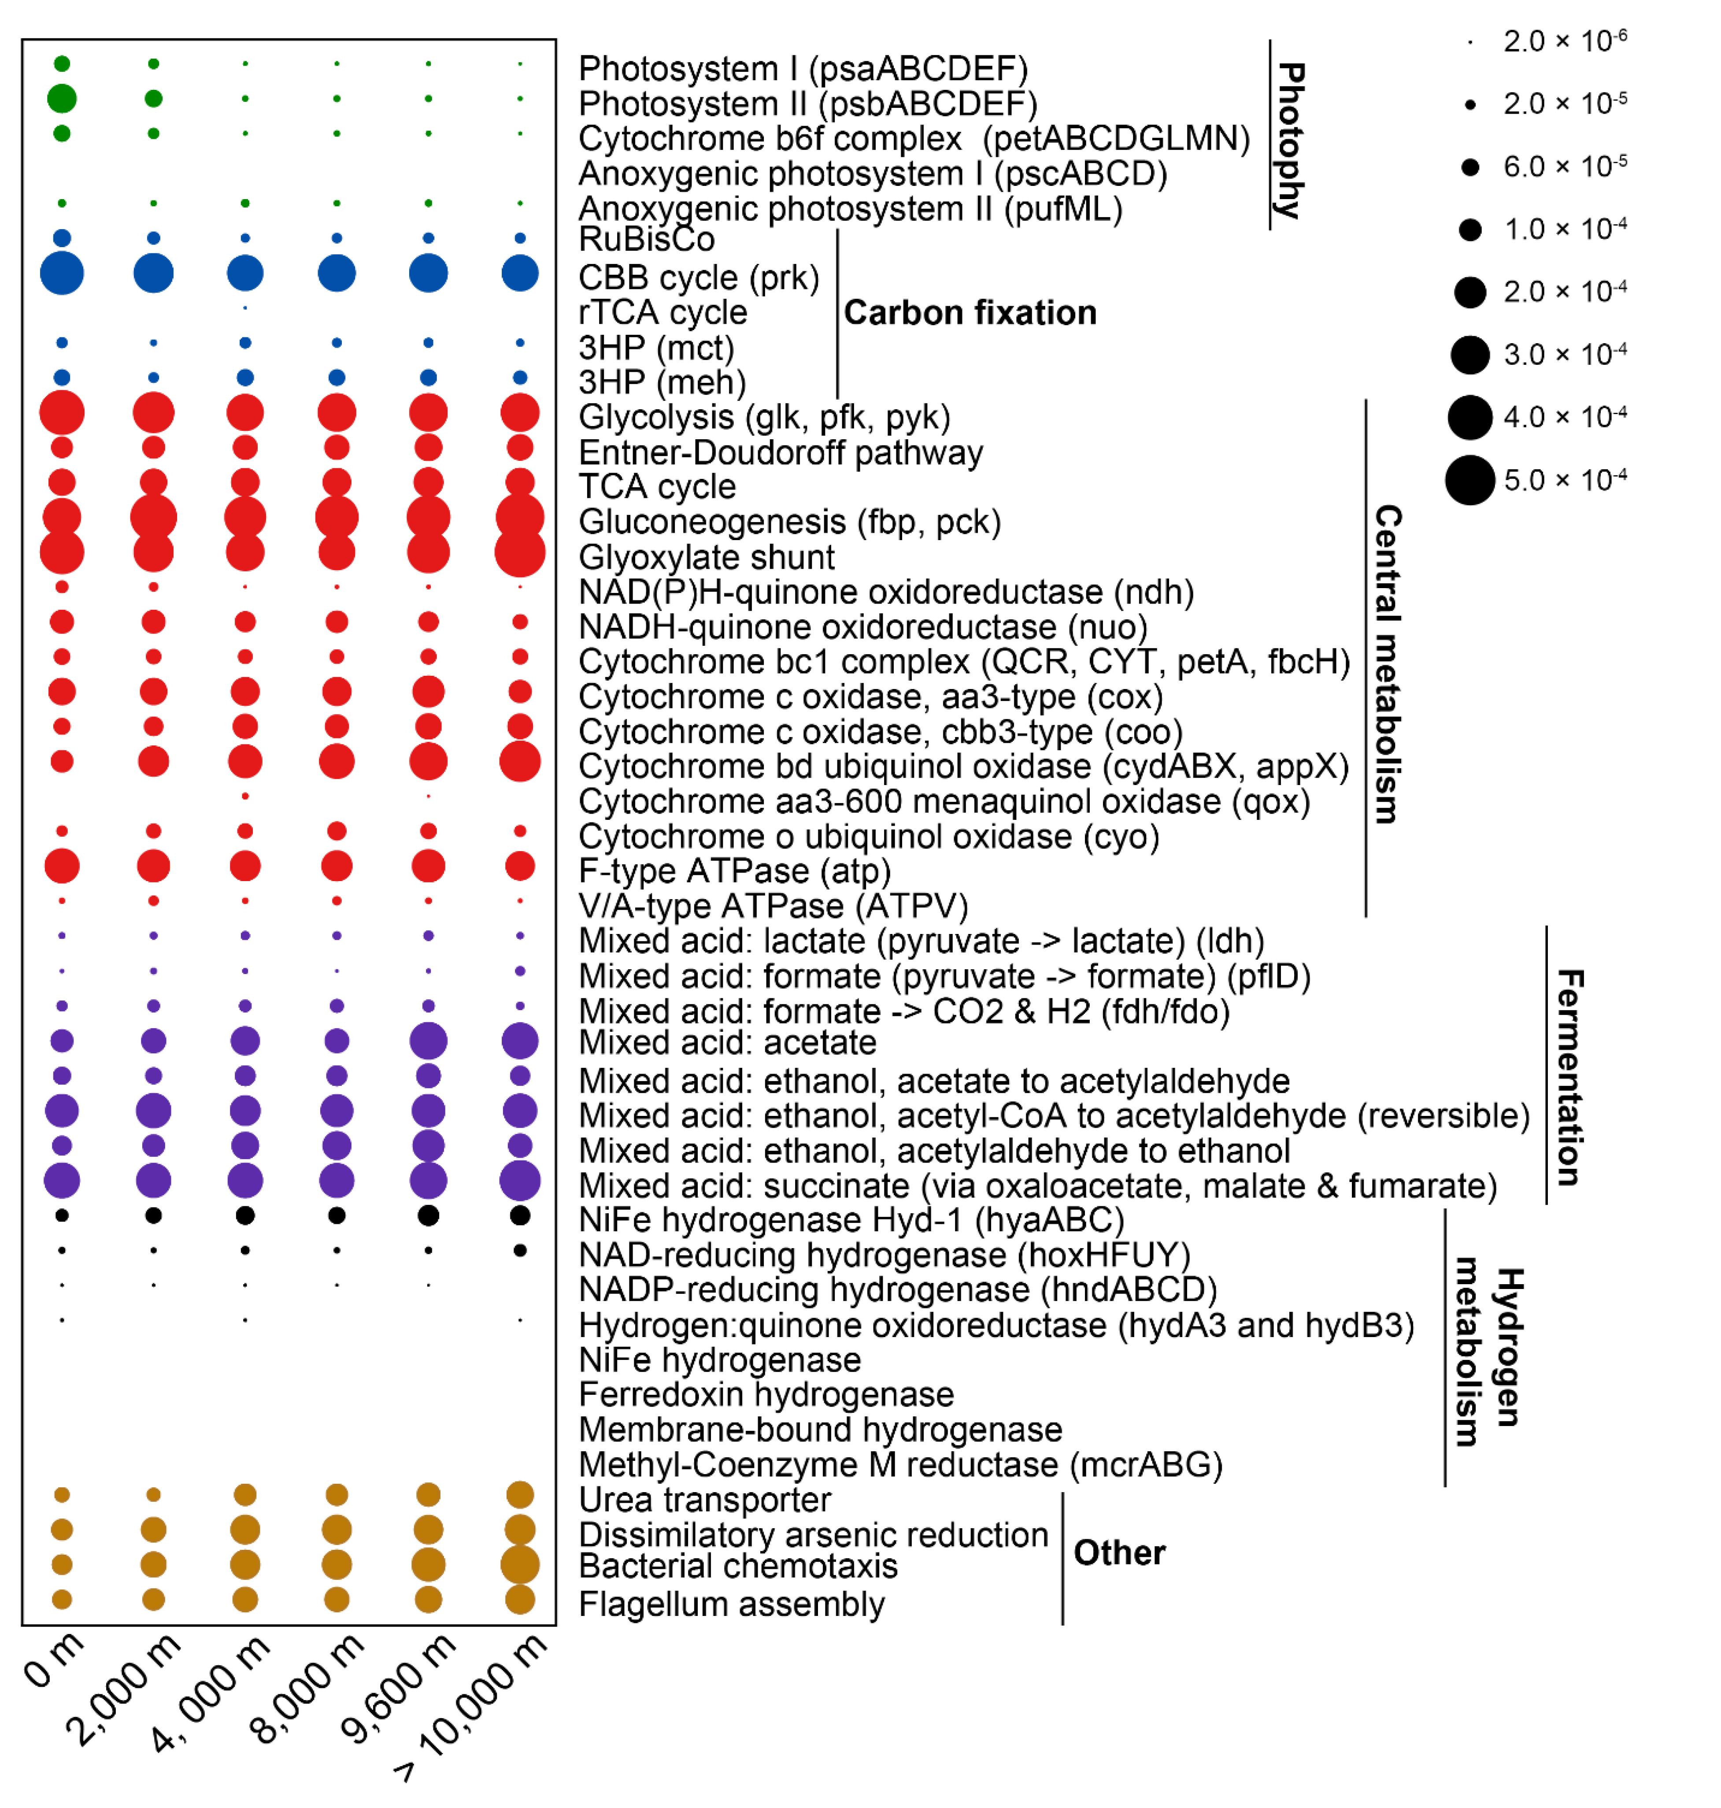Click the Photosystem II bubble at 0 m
(x=62, y=98)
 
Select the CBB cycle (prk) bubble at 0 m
(x=62, y=273)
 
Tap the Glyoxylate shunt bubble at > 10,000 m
(x=520, y=552)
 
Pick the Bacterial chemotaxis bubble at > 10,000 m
(x=520, y=1564)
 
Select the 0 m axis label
(x=53, y=1660)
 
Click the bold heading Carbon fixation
(x=970, y=313)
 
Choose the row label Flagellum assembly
(x=731, y=1604)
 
